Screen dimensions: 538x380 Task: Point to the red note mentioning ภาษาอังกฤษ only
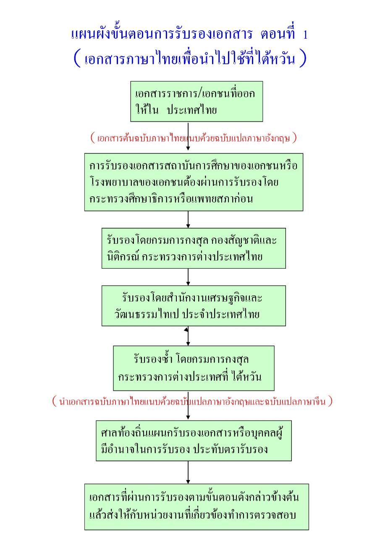click(x=194, y=138)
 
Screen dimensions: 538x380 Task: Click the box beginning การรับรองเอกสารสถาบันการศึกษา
click(x=194, y=182)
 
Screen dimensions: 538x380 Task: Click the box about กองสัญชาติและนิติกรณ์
click(x=194, y=248)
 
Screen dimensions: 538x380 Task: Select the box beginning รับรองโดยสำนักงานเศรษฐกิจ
click(x=194, y=306)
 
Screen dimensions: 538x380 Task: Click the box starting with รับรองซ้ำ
click(x=194, y=368)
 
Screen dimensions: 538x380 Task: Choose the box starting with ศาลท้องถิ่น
click(x=194, y=440)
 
